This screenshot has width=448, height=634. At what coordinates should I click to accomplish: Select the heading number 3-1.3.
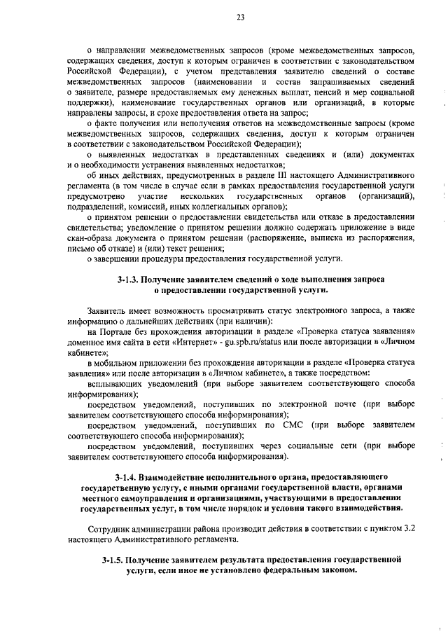pyautogui.click(x=127, y=280)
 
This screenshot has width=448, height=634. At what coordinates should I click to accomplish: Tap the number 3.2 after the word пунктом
pyautogui.click(x=408, y=529)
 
